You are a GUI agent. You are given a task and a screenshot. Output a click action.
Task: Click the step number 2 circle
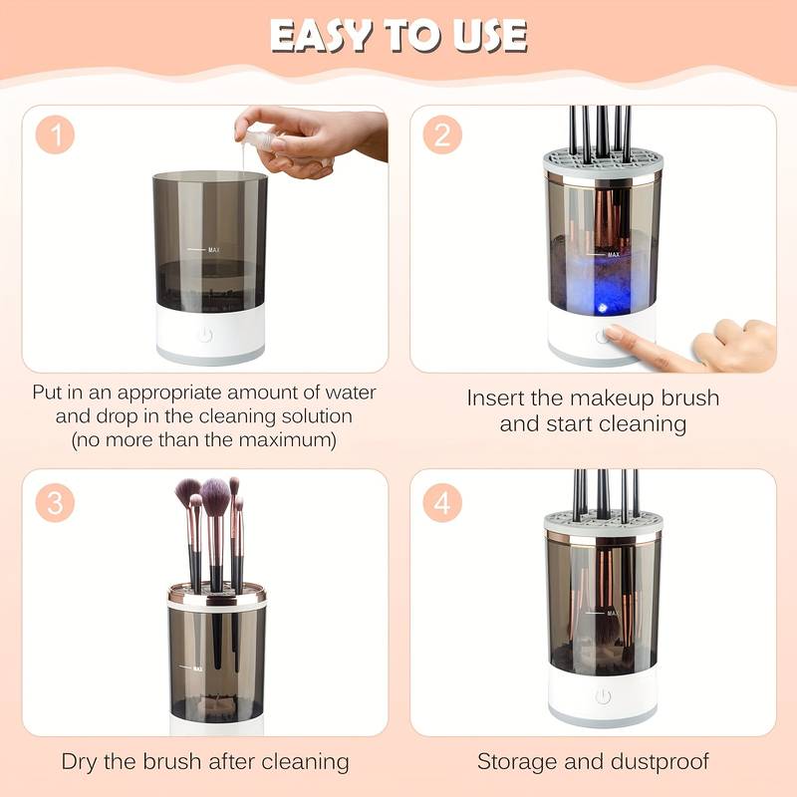[441, 136]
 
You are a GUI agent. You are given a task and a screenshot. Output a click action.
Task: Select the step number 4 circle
[441, 503]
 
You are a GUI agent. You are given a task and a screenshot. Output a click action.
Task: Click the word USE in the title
[486, 36]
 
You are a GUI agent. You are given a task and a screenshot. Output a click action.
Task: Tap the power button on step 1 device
[205, 335]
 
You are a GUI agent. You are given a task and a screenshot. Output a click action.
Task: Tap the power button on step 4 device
[602, 696]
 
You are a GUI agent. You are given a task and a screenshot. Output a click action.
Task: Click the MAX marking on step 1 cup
[213, 248]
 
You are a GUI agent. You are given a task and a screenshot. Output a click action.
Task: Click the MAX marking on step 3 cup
[197, 667]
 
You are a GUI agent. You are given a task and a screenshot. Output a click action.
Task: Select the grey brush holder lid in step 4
[603, 525]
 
